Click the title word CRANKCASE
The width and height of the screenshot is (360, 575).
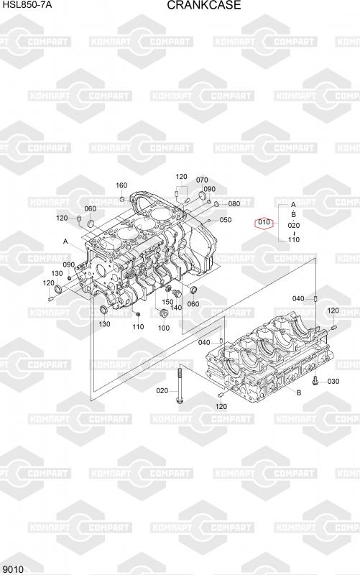click(204, 5)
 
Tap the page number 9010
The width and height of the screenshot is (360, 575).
click(13, 569)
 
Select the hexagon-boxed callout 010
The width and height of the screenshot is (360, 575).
click(264, 222)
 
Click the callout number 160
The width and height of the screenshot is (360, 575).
click(121, 185)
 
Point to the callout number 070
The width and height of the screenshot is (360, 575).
click(202, 180)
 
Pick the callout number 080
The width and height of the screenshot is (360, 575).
click(234, 204)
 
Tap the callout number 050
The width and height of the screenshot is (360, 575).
click(226, 220)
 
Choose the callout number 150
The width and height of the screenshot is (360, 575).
click(167, 302)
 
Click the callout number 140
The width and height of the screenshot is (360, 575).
click(176, 308)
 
